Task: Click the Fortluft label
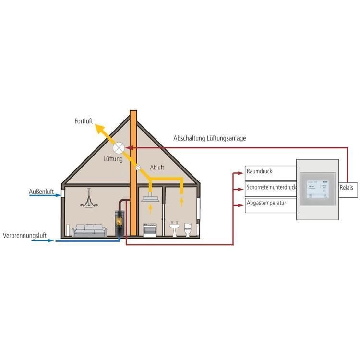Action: coord(84,121)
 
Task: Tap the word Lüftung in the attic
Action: coord(113,159)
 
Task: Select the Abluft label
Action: coord(157,168)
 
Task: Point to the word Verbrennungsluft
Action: coord(24,236)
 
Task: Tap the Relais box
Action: coord(346,188)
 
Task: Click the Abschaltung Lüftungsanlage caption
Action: coord(210,138)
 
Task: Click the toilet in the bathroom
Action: coord(188,229)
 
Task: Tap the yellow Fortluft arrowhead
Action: coord(99,128)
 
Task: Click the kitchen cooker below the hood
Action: coord(151,230)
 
